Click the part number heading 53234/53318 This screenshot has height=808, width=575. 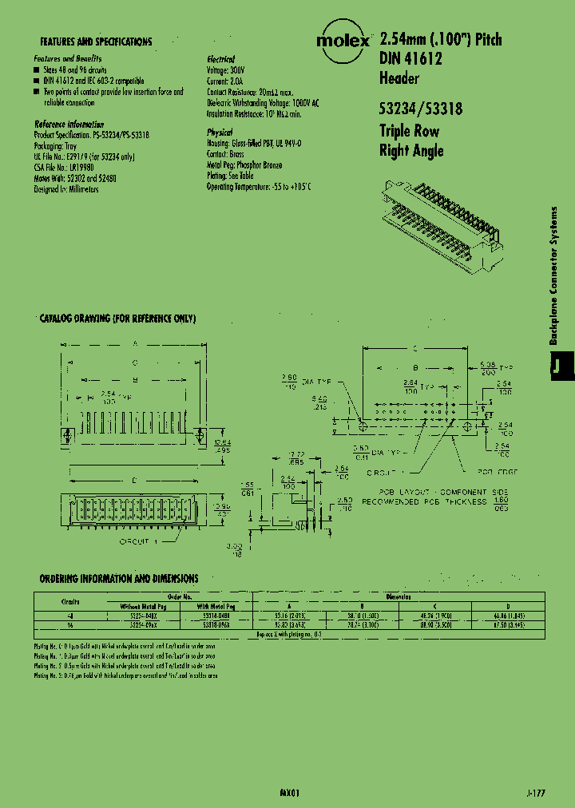click(420, 111)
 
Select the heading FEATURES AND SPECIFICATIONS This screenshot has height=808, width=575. click(95, 42)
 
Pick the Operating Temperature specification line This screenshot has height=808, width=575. click(258, 186)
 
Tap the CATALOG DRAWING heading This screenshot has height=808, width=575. click(117, 319)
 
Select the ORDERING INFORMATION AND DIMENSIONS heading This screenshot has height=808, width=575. click(119, 578)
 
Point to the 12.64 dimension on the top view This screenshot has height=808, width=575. click(223, 444)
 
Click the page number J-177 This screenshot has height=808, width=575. click(537, 795)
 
